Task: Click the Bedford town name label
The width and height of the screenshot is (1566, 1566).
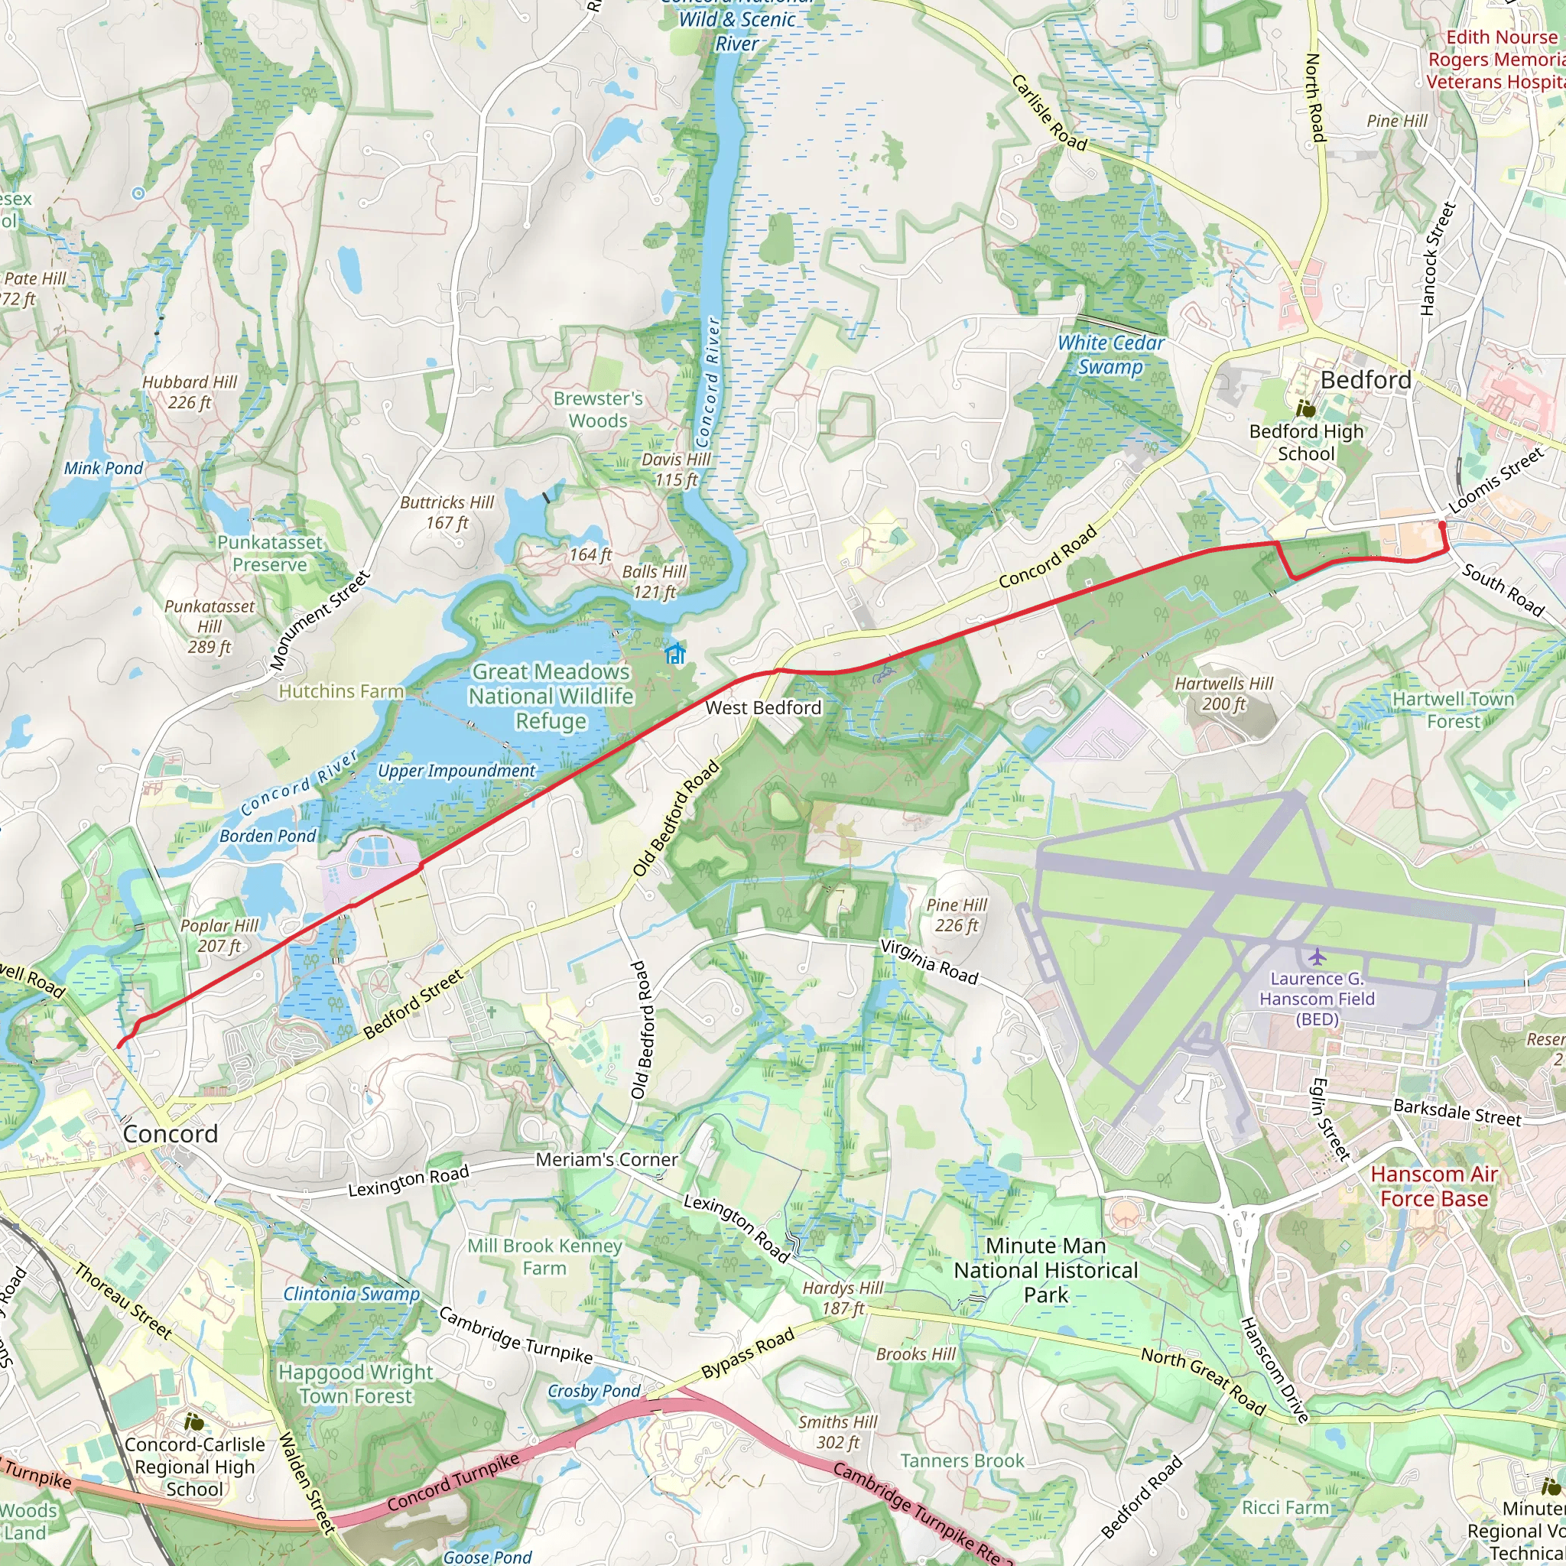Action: click(1366, 380)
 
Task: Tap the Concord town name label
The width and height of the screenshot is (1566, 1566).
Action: click(171, 1134)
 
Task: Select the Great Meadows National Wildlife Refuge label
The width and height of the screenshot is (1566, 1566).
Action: click(551, 697)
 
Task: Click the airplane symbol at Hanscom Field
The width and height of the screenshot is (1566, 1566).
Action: click(1317, 957)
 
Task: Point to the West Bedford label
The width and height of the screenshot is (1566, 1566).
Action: click(762, 707)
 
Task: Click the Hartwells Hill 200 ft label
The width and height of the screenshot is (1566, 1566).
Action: click(1224, 694)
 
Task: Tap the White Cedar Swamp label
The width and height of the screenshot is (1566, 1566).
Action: click(1110, 355)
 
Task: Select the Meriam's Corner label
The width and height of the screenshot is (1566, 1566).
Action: click(606, 1160)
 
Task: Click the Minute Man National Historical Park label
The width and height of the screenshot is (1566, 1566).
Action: click(1045, 1270)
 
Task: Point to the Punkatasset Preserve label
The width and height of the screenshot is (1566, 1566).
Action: click(269, 554)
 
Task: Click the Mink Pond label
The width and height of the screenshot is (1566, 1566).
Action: click(103, 469)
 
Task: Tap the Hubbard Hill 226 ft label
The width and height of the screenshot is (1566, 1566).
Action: click(190, 392)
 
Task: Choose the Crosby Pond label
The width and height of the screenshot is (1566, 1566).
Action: click(594, 1391)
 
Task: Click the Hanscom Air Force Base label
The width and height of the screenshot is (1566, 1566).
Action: click(1434, 1187)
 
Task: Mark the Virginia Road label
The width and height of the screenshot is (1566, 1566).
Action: click(929, 961)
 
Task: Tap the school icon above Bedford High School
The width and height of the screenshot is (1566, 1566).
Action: click(1304, 408)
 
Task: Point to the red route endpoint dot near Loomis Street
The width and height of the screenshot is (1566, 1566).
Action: click(1442, 525)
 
